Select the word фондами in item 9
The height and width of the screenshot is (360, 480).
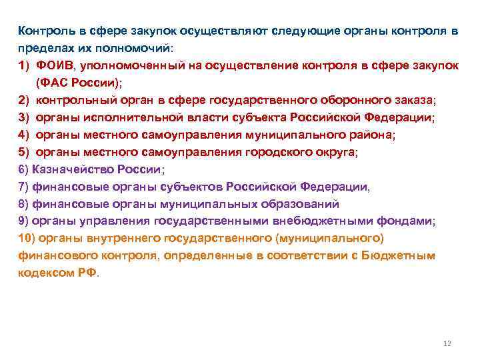411,221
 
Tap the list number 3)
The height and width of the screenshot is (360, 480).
24,117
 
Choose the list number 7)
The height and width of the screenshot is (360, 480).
23,187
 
